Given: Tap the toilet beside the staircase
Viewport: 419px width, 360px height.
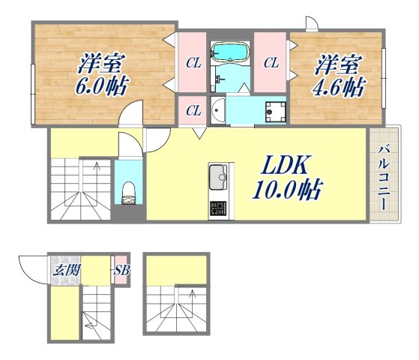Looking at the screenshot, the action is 129,193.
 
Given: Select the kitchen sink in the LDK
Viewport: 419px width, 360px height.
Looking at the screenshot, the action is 218,177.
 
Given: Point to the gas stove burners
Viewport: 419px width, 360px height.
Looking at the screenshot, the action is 218,208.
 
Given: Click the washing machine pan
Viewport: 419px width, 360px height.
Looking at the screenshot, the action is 276,112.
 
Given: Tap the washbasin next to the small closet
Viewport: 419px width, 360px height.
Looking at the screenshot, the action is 217,110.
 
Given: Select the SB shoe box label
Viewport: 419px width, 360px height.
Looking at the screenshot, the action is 121,271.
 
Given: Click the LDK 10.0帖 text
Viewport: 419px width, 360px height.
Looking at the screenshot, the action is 288,177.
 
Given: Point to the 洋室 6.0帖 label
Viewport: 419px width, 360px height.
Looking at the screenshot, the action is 101,74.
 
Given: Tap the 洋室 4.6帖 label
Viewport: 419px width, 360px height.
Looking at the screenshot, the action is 339,76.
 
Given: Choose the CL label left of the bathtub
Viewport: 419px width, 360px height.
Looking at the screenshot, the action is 193,63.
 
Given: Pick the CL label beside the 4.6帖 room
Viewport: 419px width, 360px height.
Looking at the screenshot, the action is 271,63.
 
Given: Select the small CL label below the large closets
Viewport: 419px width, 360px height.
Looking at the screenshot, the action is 193,110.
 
